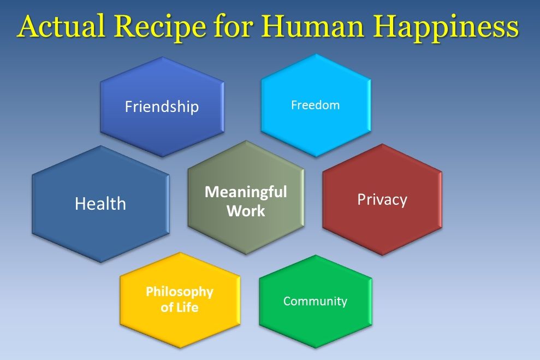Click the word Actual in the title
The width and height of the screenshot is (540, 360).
pyautogui.click(x=61, y=27)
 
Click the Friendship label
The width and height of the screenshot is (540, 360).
pyautogui.click(x=162, y=107)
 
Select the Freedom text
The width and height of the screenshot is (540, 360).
pyautogui.click(x=316, y=105)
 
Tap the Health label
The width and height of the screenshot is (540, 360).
pyautogui.click(x=100, y=204)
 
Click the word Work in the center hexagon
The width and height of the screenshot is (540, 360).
pyautogui.click(x=246, y=211)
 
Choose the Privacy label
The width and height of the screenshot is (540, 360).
pyautogui.click(x=382, y=200)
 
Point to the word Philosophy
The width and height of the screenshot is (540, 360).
pyautogui.click(x=180, y=292)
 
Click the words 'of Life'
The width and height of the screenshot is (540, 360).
pyautogui.click(x=180, y=307)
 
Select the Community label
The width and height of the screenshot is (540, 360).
pyautogui.click(x=316, y=302)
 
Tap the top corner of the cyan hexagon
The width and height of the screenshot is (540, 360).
pyautogui.click(x=316, y=54)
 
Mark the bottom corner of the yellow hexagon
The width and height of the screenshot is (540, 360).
pyautogui.click(x=180, y=348)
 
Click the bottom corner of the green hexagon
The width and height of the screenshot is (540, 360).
pyautogui.click(x=316, y=348)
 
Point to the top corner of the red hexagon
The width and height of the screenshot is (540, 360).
pyautogui.click(x=382, y=144)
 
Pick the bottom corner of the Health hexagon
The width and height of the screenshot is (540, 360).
pyautogui.click(x=100, y=263)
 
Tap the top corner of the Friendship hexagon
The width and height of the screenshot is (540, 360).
pyautogui.click(x=162, y=57)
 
